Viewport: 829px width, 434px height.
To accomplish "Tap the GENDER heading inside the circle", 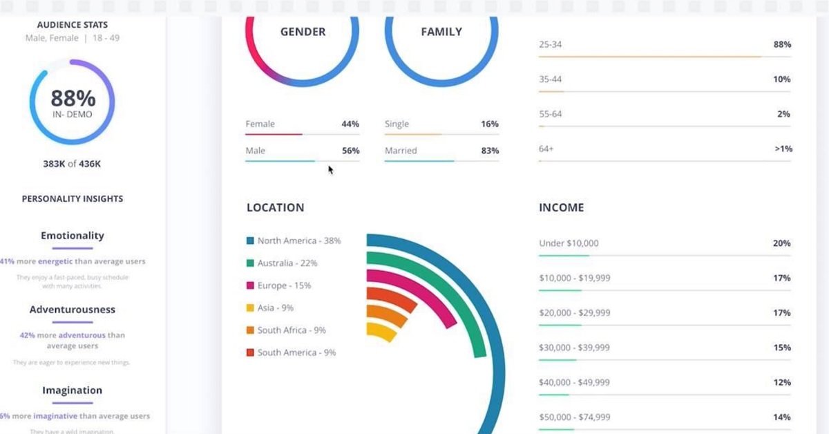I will pos(303,32).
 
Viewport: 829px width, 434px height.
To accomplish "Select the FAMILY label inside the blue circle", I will pos(441,32).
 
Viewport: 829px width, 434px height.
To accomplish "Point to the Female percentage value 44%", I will pos(350,124).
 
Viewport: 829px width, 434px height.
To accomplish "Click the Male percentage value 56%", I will pos(350,151).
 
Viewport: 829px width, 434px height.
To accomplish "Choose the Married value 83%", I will pos(490,151).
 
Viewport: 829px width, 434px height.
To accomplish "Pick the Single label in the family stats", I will pos(397,124).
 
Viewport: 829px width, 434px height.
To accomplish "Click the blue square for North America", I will pos(250,241).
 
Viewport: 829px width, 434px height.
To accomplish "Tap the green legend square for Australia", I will pos(250,263).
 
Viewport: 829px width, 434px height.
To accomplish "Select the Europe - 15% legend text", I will pos(284,285).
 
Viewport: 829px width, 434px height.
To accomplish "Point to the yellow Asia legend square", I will pos(250,308).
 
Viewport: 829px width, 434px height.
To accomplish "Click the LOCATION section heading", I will pos(275,207).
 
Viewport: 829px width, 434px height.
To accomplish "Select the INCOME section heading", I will pos(561,207).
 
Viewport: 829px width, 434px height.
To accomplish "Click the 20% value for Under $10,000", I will pos(782,243).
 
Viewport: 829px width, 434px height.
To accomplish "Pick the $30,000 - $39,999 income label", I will pos(574,348).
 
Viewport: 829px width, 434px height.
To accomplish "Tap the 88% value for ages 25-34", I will pos(782,44).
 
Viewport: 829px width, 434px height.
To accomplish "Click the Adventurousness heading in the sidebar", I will pos(73,310).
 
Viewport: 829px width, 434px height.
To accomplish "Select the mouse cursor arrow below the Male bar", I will pos(331,169).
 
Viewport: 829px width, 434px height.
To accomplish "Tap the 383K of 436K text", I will pos(72,164).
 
